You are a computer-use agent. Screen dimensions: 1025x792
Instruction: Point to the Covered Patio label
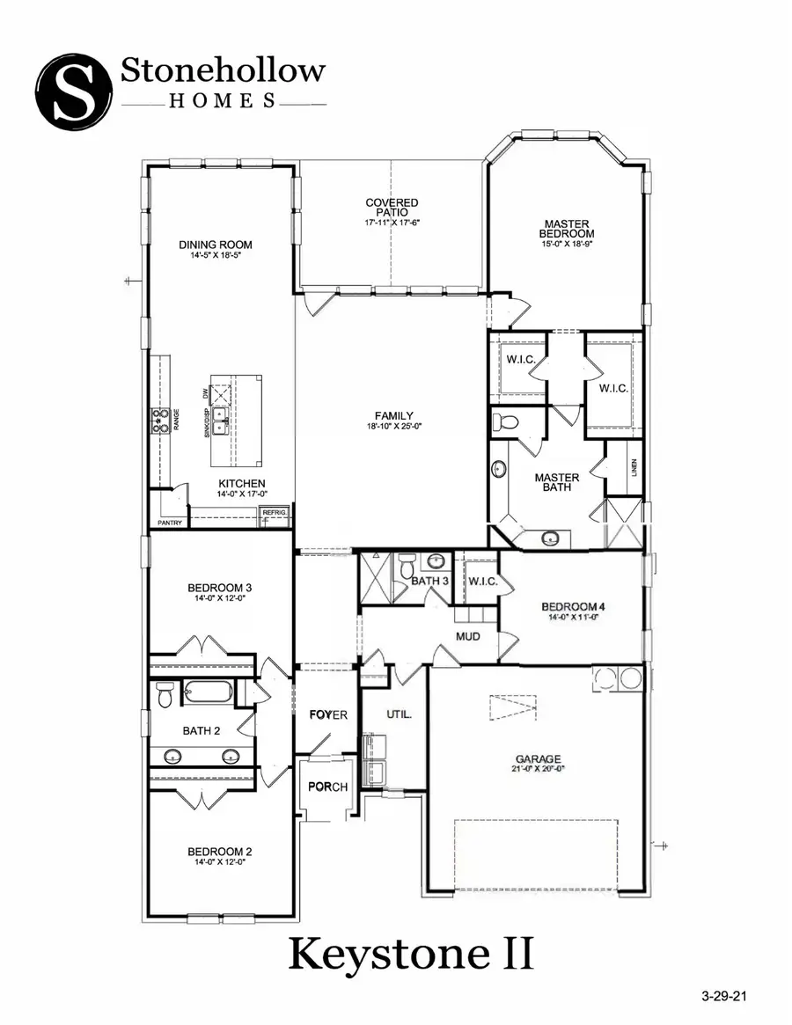392,209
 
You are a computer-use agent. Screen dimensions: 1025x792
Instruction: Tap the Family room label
392,416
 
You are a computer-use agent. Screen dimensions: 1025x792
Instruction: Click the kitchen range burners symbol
161,421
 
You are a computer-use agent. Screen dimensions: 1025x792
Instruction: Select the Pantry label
169,523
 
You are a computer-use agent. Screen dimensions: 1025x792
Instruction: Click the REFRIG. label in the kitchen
272,512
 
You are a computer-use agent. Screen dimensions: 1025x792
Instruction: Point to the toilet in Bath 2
164,696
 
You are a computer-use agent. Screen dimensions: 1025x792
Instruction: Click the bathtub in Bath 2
209,691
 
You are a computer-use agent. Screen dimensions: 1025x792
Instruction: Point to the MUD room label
466,635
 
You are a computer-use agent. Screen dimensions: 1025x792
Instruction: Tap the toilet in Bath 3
407,568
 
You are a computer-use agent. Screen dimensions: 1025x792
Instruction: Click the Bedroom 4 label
571,607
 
